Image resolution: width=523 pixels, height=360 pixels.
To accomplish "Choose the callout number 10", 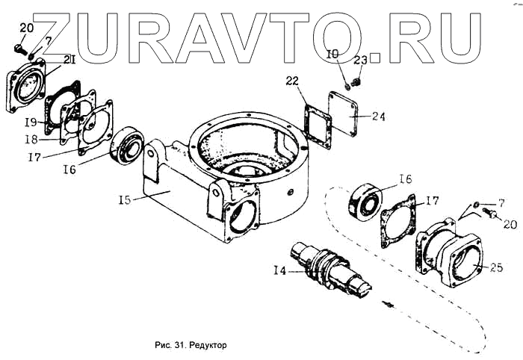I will (333, 54).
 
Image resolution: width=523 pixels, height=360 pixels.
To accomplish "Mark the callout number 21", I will (68, 60).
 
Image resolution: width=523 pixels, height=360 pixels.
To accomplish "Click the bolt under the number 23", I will (356, 75).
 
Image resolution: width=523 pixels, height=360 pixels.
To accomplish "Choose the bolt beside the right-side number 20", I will (492, 214).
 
